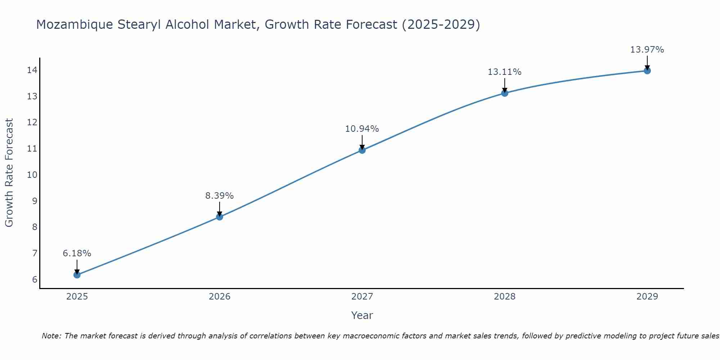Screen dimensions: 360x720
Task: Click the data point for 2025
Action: pos(77,275)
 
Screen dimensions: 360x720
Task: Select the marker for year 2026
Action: pos(220,217)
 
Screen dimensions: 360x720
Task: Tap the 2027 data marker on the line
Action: pos(362,150)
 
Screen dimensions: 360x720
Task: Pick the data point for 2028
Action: pos(505,93)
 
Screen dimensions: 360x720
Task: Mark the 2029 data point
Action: pos(647,71)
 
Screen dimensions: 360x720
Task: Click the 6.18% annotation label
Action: pos(77,253)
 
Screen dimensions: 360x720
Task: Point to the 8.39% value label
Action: pos(220,196)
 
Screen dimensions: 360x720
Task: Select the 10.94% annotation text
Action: pos(362,129)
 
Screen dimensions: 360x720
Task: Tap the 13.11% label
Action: pos(505,72)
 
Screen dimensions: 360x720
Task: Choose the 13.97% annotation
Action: pos(647,50)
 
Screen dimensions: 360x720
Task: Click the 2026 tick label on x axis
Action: pos(220,297)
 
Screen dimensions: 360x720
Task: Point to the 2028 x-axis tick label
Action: pos(505,297)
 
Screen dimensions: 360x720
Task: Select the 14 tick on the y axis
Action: pos(32,70)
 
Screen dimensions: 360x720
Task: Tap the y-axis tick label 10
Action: pos(32,175)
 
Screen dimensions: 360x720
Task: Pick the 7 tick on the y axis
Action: pos(35,253)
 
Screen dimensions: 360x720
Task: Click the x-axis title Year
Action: pos(362,315)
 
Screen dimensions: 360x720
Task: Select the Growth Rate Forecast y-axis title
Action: pos(9,173)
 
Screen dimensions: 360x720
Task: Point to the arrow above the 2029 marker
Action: pos(647,62)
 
